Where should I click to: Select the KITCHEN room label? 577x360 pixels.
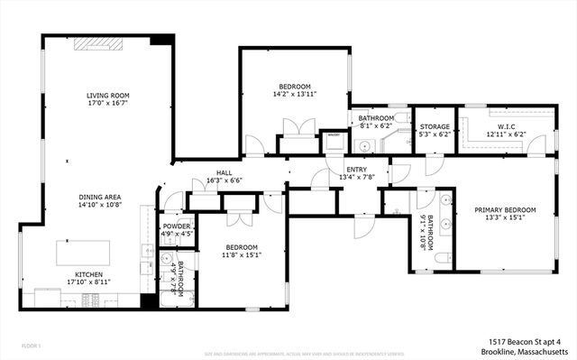point(88,274)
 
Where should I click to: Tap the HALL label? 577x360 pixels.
point(224,172)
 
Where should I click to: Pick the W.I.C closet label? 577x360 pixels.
point(506,126)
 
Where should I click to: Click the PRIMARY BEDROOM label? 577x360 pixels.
point(505,210)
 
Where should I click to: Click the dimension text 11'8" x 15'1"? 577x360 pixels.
point(243,254)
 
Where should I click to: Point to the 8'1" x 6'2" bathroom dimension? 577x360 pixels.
point(375,127)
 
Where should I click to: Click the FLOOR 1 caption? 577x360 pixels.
point(32,346)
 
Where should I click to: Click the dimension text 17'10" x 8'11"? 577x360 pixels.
point(88,282)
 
